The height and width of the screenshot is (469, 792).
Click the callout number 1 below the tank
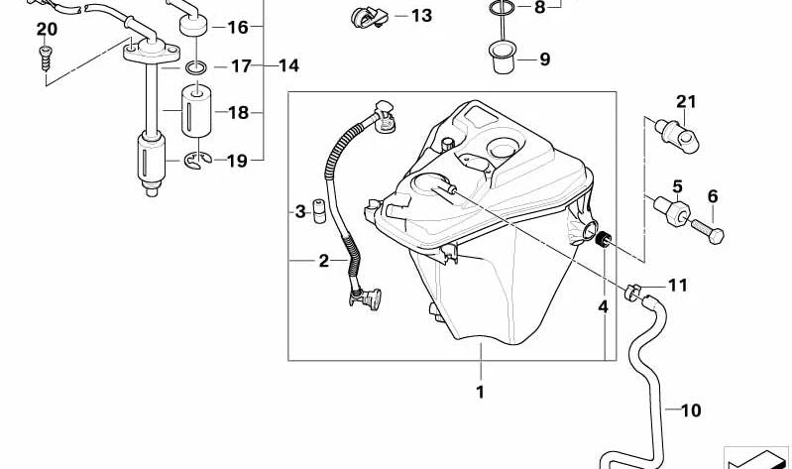[480, 392]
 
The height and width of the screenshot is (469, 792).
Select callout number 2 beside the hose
[323, 261]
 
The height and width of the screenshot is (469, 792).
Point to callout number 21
[688, 100]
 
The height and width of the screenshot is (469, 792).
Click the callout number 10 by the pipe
[690, 409]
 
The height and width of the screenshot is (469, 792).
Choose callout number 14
[287, 67]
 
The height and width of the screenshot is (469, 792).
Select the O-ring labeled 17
[197, 67]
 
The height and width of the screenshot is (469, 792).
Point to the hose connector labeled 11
[636, 292]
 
